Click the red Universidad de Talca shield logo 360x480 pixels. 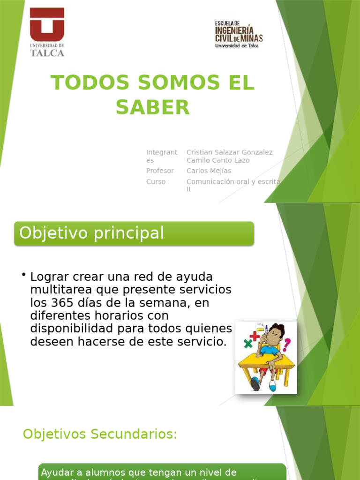click(47, 25)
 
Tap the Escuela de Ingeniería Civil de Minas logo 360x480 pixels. click(239, 34)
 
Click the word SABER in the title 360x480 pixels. click(153, 107)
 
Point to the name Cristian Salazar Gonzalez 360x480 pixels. click(229, 152)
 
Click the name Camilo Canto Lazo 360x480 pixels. click(218, 160)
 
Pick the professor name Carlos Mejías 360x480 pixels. click(209, 171)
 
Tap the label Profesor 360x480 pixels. click(160, 171)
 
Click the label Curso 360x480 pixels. click(156, 182)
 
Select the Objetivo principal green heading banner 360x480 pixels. click(134, 233)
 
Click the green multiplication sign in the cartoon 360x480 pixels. click(247, 344)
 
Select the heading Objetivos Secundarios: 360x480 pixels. click(100, 435)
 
